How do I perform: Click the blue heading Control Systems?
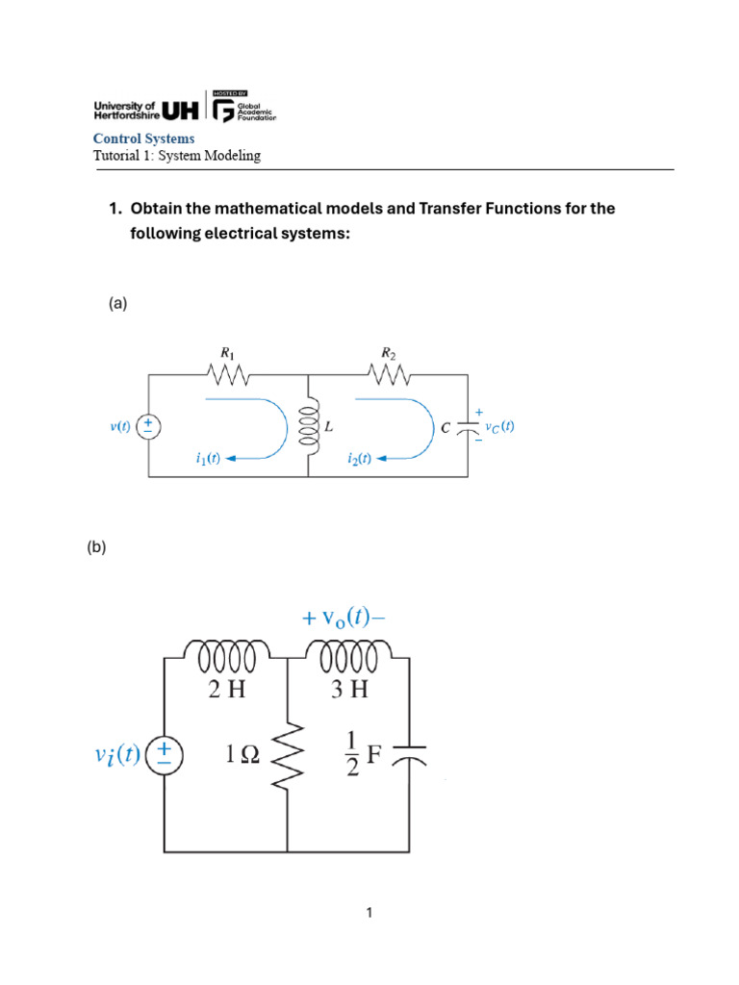pyautogui.click(x=143, y=139)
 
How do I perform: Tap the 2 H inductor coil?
pyautogui.click(x=226, y=658)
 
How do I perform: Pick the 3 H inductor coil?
pyautogui.click(x=349, y=658)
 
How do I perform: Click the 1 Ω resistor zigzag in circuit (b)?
pyautogui.click(x=289, y=756)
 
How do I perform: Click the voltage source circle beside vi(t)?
pyautogui.click(x=165, y=756)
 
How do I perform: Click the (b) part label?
pyautogui.click(x=96, y=548)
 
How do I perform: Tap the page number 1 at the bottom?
pyautogui.click(x=369, y=914)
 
